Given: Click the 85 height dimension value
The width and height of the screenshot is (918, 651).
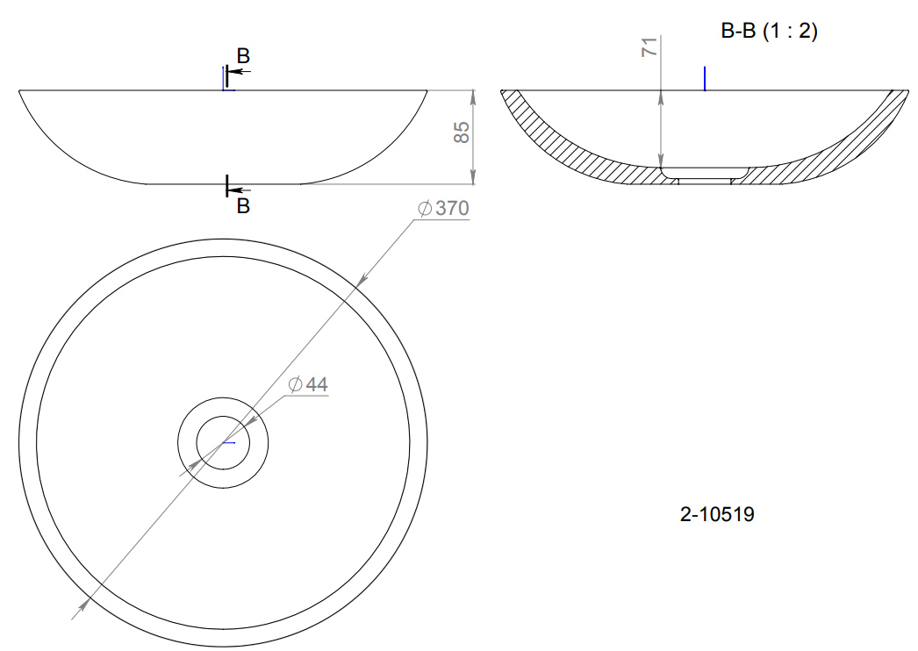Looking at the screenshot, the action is pos(462,132).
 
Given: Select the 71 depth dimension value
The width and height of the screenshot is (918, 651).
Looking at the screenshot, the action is pos(649,46).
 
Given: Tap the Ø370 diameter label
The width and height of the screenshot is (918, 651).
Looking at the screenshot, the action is pos(443,208).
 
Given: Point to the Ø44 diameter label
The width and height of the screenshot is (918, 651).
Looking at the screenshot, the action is pos(308,384).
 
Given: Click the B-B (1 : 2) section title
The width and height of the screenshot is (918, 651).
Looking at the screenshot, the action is pos(769,31).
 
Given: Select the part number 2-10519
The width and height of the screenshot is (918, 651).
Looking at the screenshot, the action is pos(717,514).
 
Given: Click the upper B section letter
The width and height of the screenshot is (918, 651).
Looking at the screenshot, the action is pos(244,55).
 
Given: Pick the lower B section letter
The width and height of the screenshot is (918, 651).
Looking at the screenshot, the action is pos(244,206).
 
